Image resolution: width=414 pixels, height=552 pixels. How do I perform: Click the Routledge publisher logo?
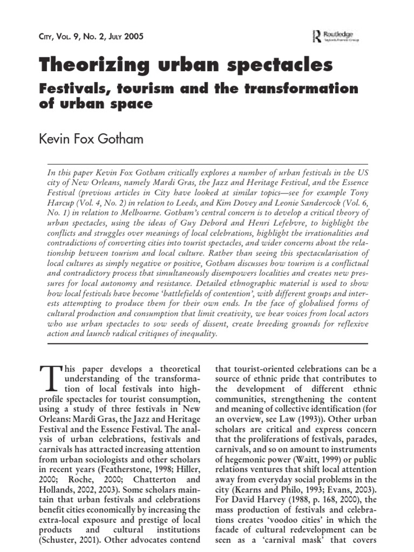click(335, 37)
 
